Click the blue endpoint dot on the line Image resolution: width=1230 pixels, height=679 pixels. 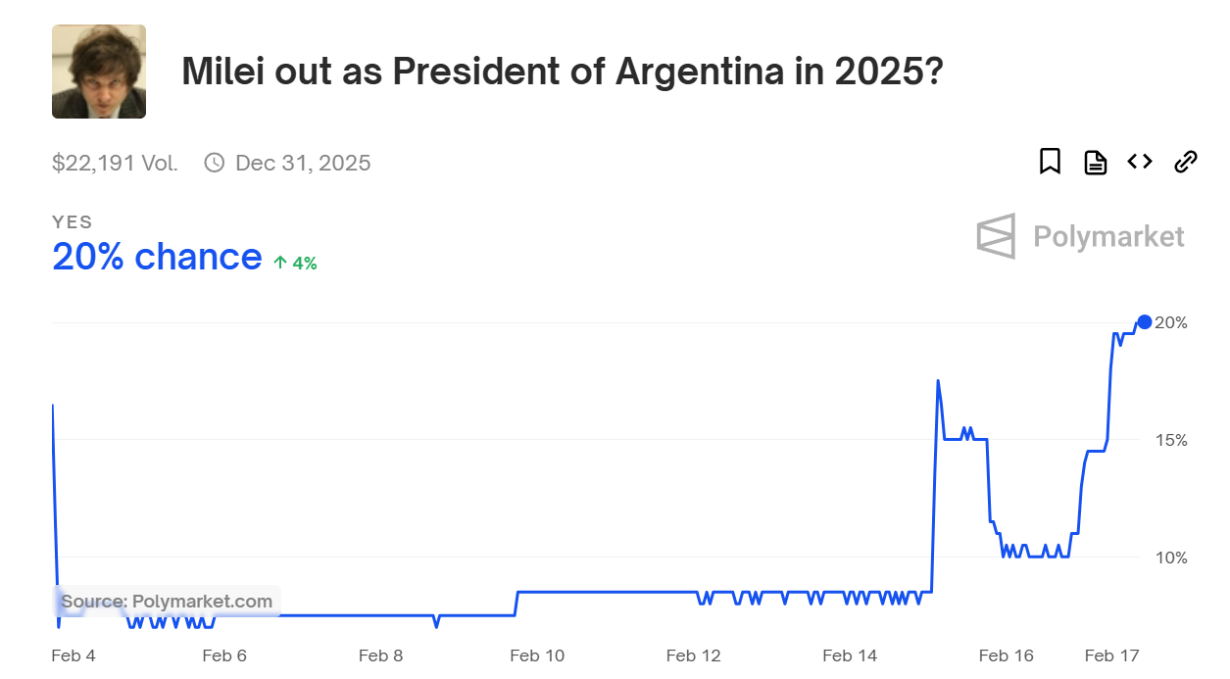pyautogui.click(x=1144, y=322)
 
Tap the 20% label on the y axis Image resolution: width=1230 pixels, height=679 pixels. pyautogui.click(x=1171, y=322)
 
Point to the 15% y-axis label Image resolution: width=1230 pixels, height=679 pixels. pyautogui.click(x=1171, y=440)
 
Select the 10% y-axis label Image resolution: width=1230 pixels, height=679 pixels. pyautogui.click(x=1171, y=558)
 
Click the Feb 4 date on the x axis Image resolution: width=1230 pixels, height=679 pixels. pyautogui.click(x=74, y=655)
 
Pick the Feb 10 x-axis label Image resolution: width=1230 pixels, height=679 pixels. pyautogui.click(x=537, y=655)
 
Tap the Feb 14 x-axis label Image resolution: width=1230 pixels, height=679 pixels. pyautogui.click(x=850, y=655)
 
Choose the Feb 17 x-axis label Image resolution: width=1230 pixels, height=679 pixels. pyautogui.click(x=1111, y=655)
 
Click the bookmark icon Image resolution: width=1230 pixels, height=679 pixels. pyautogui.click(x=1050, y=162)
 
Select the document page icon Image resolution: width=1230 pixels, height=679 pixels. pyautogui.click(x=1095, y=162)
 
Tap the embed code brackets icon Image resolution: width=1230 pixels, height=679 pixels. pyautogui.click(x=1140, y=162)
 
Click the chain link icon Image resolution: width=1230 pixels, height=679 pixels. pyautogui.click(x=1186, y=162)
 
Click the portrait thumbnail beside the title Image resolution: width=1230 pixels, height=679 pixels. pyautogui.click(x=99, y=72)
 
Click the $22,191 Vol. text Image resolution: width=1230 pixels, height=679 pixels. pyautogui.click(x=115, y=163)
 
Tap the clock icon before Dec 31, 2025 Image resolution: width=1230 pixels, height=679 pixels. pyautogui.click(x=214, y=163)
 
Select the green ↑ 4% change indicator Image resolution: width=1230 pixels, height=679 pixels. pyautogui.click(x=295, y=263)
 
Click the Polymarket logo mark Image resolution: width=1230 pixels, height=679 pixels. pyautogui.click(x=996, y=236)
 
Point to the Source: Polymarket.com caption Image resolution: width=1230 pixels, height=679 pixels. pyautogui.click(x=167, y=601)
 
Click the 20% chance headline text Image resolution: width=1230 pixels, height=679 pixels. pyautogui.click(x=157, y=257)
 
